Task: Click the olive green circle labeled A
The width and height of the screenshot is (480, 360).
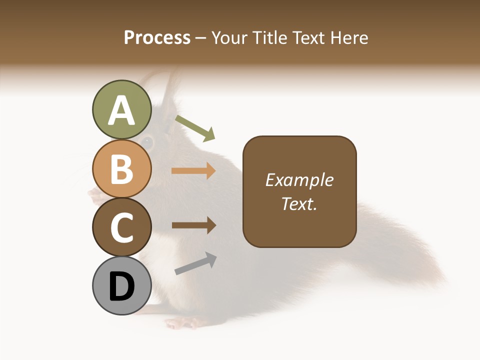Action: coord(121,110)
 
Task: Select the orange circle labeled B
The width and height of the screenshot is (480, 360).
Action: coord(121,168)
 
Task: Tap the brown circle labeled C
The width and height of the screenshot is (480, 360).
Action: coord(121,227)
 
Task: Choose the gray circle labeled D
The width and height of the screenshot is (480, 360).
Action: coord(121,285)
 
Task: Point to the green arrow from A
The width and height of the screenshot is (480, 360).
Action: coord(195,127)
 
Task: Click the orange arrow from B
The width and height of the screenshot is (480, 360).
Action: coord(193,171)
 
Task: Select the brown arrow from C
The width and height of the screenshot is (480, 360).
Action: coord(193,225)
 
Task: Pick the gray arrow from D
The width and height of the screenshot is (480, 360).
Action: coord(195,263)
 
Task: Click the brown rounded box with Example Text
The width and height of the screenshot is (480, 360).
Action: coord(299,191)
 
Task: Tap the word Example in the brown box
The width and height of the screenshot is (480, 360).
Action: coord(299,180)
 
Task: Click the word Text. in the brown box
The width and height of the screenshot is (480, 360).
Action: coord(299,203)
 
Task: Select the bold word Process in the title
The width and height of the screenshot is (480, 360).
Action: coord(157,37)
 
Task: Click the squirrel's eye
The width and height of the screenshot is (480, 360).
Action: coord(147,141)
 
